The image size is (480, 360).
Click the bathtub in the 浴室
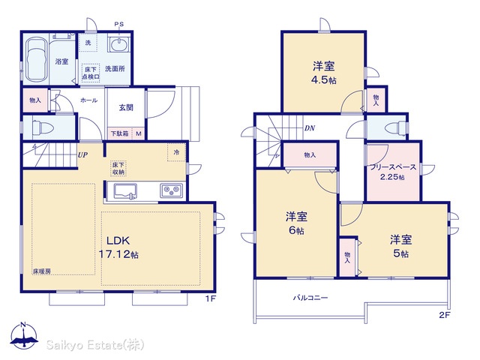click(37, 59)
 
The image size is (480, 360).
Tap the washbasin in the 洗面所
click(119, 45)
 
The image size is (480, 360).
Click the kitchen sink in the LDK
click(125, 192)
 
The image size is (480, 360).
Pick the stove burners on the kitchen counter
click(172, 191)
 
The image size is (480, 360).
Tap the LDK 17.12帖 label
click(118, 247)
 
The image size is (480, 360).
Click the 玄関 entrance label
click(126, 107)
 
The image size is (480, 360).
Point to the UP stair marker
click(82, 155)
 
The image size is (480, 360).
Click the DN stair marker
click(310, 128)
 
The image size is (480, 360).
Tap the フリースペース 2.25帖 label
click(393, 172)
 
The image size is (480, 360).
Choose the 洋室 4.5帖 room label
click(323, 73)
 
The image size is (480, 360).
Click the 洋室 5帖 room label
click(400, 246)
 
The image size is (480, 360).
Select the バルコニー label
click(310, 298)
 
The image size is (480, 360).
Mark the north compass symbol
click(24, 336)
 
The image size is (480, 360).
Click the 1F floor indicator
click(210, 298)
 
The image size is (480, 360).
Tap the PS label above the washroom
click(119, 24)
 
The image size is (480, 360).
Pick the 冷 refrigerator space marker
click(176, 152)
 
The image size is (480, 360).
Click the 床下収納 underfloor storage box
click(118, 168)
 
